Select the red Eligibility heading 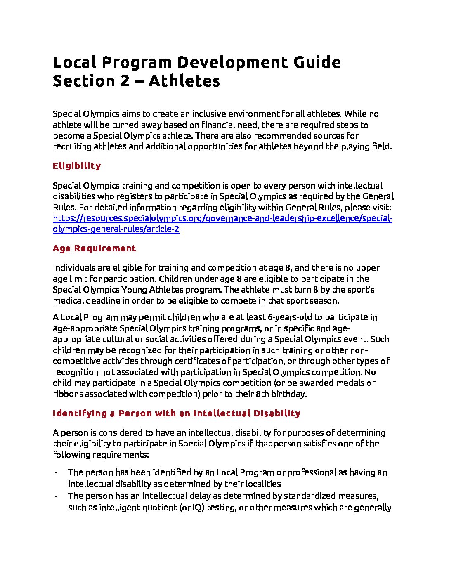[77, 166]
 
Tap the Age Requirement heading [94, 248]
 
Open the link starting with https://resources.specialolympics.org [222, 218]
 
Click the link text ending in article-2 [116, 229]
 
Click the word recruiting [72, 146]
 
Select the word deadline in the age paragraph [97, 301]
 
